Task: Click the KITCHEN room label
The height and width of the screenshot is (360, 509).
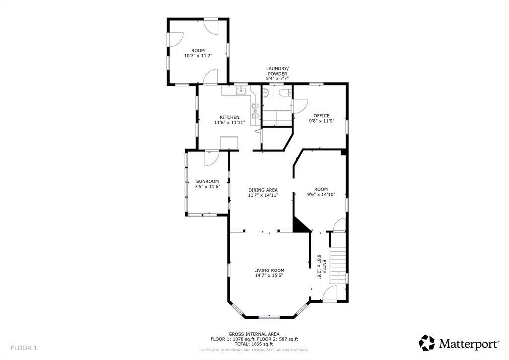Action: (230, 117)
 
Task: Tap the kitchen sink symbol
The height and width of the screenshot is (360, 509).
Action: (241, 91)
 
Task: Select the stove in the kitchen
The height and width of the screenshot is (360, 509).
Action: (255, 111)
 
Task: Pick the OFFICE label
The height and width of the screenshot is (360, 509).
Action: (321, 116)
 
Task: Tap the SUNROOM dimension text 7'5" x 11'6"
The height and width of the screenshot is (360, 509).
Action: (208, 186)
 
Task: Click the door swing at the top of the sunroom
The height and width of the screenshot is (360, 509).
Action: (211, 158)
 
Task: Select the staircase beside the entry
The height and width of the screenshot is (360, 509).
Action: (338, 265)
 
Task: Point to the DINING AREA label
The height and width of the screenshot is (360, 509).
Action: (263, 190)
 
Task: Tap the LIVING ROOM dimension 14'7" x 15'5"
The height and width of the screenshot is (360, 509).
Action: (269, 275)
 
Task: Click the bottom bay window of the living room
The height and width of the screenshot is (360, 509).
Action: (269, 317)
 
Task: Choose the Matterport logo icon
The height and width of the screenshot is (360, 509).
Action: (426, 343)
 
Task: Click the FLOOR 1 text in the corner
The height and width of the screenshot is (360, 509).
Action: (24, 348)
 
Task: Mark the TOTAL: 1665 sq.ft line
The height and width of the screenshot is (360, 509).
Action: (254, 344)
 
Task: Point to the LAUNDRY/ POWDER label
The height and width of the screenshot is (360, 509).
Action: (277, 71)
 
